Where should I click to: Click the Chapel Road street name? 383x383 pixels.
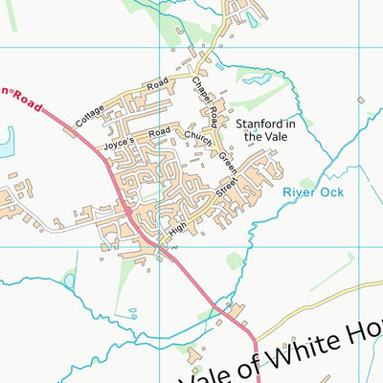click(x=203, y=99)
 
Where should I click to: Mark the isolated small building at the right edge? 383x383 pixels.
click(x=361, y=99)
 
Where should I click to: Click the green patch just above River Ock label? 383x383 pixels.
click(x=306, y=182)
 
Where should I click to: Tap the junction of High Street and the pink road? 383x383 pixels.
click(x=159, y=244)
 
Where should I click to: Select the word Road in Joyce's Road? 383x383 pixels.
click(x=160, y=129)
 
